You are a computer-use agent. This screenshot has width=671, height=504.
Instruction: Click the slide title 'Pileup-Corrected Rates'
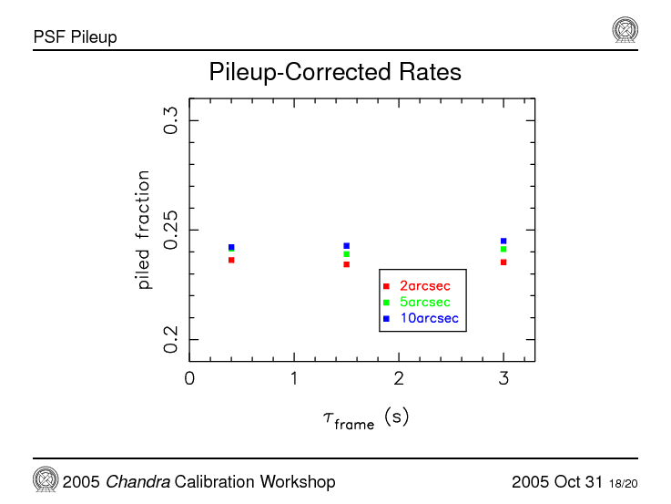click(x=335, y=72)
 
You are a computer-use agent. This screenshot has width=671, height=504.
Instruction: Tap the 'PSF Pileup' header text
click(x=75, y=37)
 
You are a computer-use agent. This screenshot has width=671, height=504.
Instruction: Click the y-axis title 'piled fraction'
click(x=144, y=228)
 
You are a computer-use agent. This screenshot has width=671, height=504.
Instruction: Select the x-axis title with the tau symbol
click(x=365, y=418)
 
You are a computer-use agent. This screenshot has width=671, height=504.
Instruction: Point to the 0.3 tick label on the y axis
click(x=170, y=120)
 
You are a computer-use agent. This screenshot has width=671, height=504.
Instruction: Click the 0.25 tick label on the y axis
click(x=170, y=231)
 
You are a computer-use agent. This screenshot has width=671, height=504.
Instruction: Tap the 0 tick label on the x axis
click(x=189, y=378)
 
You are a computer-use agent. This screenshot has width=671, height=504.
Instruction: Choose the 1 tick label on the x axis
click(x=294, y=378)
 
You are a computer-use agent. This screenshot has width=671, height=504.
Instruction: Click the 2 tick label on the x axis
click(x=399, y=378)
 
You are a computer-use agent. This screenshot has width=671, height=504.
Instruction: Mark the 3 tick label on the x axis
click(x=503, y=378)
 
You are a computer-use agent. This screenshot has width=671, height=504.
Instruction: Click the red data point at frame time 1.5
click(x=347, y=264)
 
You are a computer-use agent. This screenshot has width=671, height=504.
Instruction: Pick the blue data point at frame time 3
click(x=503, y=242)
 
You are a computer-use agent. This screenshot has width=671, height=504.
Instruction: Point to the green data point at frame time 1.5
click(x=347, y=254)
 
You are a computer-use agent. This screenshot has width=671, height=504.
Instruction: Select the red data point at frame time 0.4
click(x=231, y=260)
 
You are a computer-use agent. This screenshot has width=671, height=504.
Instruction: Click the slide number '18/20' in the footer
click(x=624, y=483)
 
